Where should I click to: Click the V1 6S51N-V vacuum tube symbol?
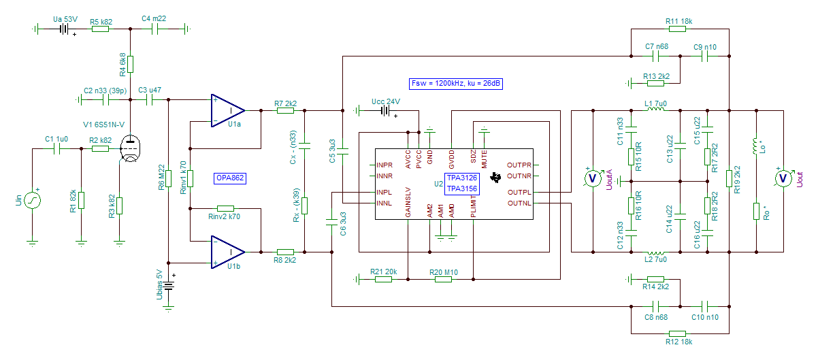tap(131, 148)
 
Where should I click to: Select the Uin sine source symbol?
tap(32, 201)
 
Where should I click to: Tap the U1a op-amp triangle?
tap(227, 111)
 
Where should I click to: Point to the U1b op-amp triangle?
tap(227, 252)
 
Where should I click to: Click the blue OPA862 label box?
tap(230, 178)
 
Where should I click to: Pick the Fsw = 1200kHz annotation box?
tap(456, 84)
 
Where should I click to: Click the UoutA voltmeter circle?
tap(593, 178)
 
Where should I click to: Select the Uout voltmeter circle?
tap(783, 178)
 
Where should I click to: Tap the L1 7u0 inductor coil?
tap(656, 109)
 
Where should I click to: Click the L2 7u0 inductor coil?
tap(656, 253)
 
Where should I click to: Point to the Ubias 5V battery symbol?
tap(168, 286)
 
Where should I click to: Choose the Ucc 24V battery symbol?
tap(386, 111)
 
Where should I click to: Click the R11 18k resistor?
tap(677, 29)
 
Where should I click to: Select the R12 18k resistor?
tap(677, 333)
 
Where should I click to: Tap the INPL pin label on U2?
tap(385, 192)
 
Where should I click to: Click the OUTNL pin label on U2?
tap(519, 203)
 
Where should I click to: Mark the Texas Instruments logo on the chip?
tap(495, 178)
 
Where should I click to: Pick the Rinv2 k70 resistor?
tap(225, 208)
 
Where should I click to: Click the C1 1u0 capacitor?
tap(56, 148)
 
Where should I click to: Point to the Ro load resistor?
tap(756, 211)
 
